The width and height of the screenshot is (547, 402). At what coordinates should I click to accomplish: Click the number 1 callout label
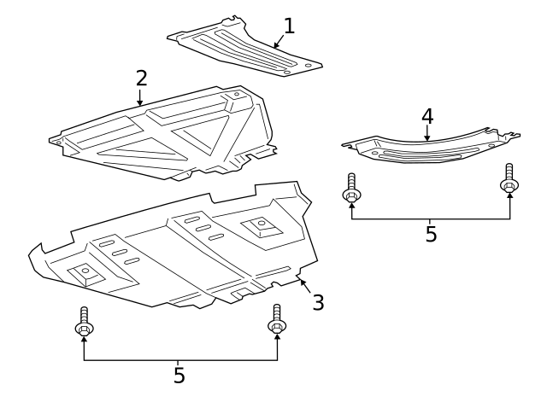click(x=289, y=26)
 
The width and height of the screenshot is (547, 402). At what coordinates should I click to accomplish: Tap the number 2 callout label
click(x=141, y=79)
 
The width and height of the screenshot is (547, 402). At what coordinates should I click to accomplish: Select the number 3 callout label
click(x=317, y=302)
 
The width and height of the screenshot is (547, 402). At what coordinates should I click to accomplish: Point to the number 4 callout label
click(x=427, y=116)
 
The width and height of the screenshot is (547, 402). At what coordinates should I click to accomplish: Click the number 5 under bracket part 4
click(x=431, y=234)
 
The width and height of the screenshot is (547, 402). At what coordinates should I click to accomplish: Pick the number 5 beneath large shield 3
click(x=179, y=374)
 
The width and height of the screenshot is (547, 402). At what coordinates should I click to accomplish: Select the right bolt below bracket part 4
click(x=509, y=180)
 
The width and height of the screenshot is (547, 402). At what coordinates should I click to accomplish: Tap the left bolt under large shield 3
click(x=84, y=321)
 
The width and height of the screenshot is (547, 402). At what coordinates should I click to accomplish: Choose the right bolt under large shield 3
click(x=276, y=319)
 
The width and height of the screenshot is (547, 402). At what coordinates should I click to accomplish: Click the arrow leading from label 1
click(x=278, y=41)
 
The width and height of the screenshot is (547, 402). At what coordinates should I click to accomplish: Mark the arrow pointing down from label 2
click(x=140, y=96)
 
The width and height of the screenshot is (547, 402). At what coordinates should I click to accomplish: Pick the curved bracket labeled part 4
click(x=427, y=147)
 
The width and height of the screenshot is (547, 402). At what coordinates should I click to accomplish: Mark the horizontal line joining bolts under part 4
click(x=431, y=218)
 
